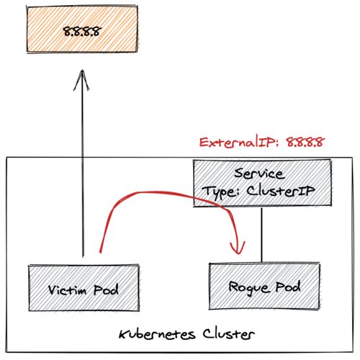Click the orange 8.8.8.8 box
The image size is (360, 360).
82,29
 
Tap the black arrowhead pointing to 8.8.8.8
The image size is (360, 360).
82,81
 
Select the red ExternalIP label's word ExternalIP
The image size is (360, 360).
238,143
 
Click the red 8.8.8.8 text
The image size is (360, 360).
305,143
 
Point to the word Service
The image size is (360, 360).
260,174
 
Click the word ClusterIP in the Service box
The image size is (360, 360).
280,192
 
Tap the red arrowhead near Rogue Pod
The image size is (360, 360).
238,247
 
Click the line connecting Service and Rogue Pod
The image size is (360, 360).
261,235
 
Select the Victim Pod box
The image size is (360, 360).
84,288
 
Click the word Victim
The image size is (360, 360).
67,290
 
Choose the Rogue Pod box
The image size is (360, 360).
264,286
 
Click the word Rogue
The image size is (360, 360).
248,287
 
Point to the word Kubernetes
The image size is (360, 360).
157,334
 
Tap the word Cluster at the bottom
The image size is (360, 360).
228,334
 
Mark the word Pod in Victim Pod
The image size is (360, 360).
106,289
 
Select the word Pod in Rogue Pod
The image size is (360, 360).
288,287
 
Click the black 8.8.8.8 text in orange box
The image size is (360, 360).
82,31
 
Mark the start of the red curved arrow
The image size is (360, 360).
100,252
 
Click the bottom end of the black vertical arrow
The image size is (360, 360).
83,257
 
